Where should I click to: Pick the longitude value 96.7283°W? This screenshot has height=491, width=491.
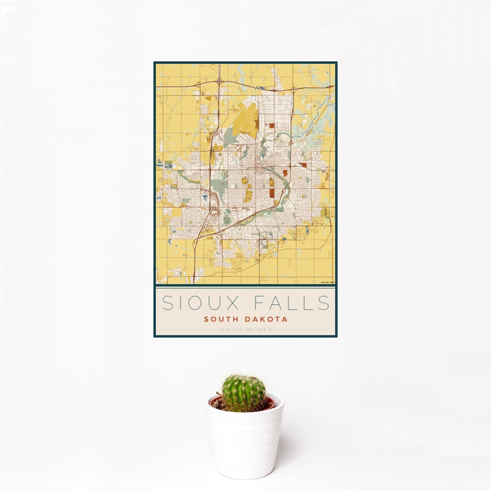coord(260,330)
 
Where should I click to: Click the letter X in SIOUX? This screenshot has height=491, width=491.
coord(241,303)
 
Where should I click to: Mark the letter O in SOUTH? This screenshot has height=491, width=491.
coord(214,319)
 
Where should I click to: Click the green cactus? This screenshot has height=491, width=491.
coord(244,393)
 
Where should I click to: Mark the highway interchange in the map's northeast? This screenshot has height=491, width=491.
coord(293,90)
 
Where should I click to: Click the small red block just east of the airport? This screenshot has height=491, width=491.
coord(270,126)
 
